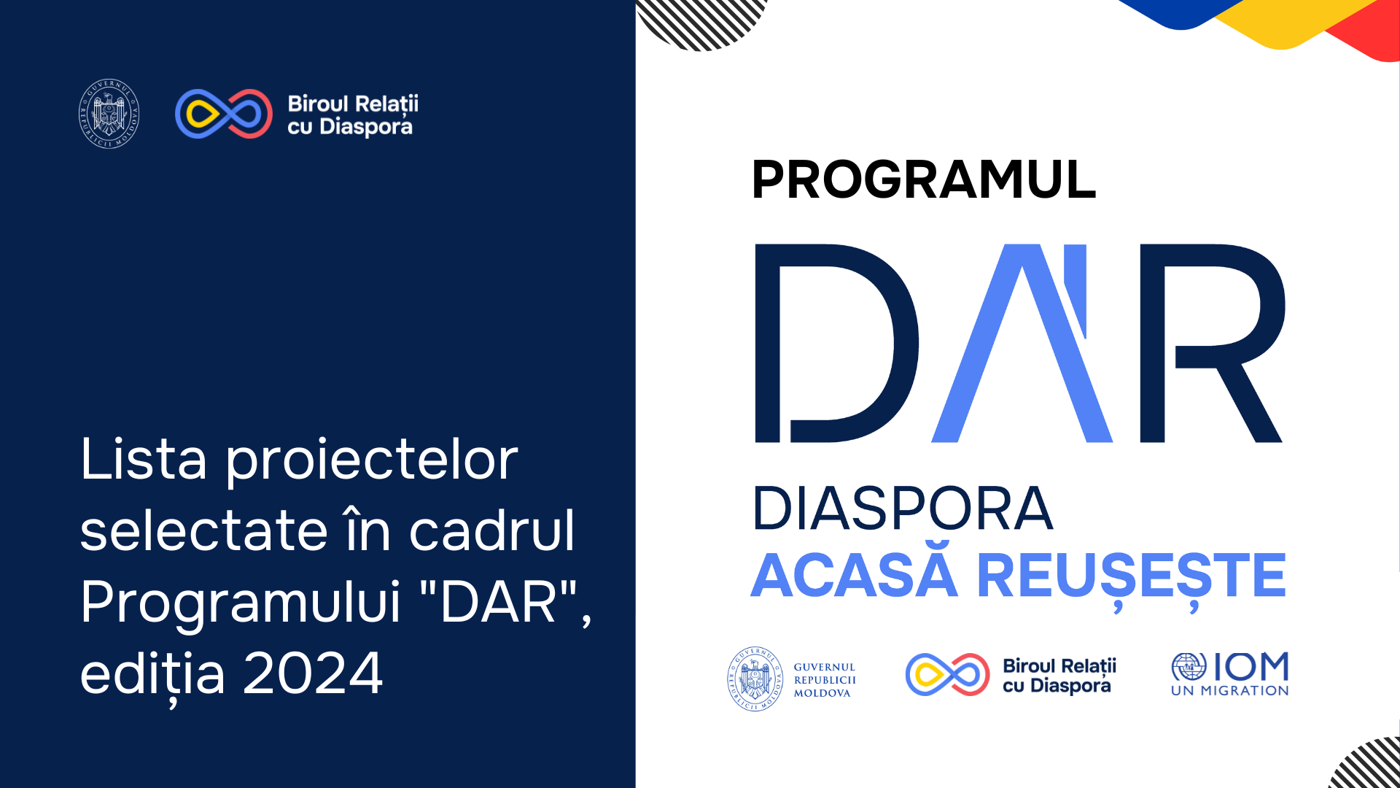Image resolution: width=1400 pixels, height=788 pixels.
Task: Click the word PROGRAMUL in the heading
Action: (923, 179)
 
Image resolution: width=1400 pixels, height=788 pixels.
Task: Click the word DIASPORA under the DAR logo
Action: (902, 509)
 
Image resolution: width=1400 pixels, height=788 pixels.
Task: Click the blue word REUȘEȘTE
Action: (1131, 576)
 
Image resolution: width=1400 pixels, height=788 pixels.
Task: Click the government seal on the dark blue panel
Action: (109, 114)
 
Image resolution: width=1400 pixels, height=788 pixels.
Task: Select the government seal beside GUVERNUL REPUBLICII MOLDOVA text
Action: (755, 679)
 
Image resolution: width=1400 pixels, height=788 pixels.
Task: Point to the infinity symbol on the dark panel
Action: (224, 114)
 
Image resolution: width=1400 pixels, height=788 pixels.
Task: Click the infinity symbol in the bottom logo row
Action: (947, 675)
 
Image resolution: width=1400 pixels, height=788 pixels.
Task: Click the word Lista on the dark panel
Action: (144, 460)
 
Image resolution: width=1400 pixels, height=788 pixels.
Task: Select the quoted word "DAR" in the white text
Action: (499, 602)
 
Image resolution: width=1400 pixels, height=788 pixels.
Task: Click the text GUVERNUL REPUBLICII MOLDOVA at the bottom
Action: (825, 680)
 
